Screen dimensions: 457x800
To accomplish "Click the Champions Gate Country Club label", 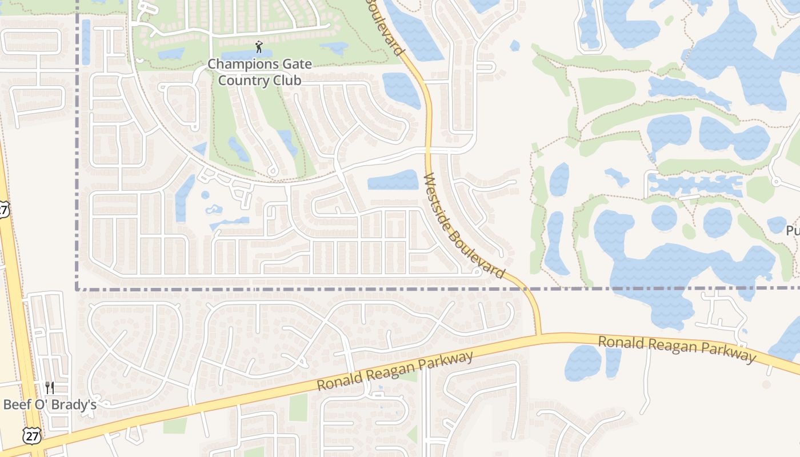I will pyautogui.click(x=259, y=72).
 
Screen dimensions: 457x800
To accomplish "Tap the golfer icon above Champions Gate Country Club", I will pyautogui.click(x=259, y=46).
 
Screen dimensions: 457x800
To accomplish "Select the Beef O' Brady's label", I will pyautogui.click(x=49, y=404).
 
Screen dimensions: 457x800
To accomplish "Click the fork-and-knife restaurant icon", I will pyautogui.click(x=50, y=388).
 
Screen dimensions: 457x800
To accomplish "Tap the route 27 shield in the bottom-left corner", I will pyautogui.click(x=31, y=436).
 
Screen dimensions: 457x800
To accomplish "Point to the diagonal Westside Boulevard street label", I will pyautogui.click(x=464, y=226).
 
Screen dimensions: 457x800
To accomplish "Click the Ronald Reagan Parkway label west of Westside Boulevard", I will pyautogui.click(x=395, y=371).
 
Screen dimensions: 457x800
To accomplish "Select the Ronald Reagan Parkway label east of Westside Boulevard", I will pyautogui.click(x=677, y=348).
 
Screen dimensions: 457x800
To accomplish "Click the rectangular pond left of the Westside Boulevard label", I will pyautogui.click(x=393, y=181).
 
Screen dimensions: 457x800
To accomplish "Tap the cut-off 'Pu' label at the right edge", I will pyautogui.click(x=793, y=230).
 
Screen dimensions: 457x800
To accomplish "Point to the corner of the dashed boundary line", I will pyautogui.click(x=77, y=289).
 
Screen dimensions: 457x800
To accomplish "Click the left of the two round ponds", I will pyautogui.click(x=664, y=218).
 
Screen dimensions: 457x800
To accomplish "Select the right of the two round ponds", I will pyautogui.click(x=717, y=222).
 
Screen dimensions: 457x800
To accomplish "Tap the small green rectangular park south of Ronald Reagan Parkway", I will pyautogui.click(x=298, y=407).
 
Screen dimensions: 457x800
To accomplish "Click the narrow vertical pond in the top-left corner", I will pyautogui.click(x=86, y=41).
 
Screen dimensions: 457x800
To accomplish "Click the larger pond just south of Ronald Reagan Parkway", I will pyautogui.click(x=583, y=363).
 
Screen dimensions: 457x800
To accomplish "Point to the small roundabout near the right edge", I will pyautogui.click(x=775, y=182).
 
